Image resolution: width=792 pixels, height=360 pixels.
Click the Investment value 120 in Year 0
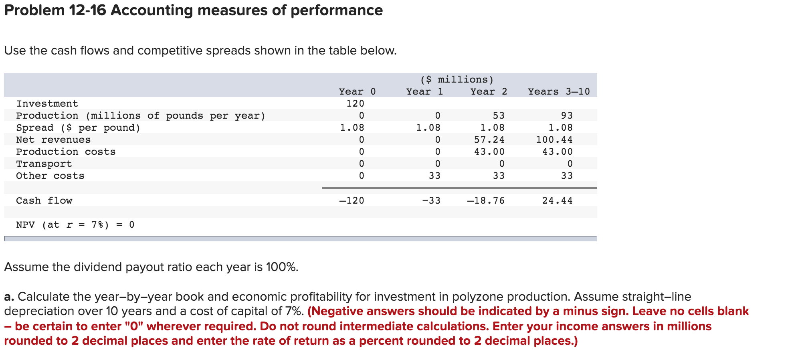point(355,103)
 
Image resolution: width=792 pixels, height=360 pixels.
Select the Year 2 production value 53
point(499,115)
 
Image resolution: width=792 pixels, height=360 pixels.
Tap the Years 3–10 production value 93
point(567,115)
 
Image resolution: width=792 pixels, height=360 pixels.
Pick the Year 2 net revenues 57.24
point(489,140)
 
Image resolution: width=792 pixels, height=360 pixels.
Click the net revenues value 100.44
point(554,140)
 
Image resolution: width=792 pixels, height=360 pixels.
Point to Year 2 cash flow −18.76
point(486,200)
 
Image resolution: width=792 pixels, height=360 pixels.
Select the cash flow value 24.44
point(557,200)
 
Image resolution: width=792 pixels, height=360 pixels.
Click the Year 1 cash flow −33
point(431,200)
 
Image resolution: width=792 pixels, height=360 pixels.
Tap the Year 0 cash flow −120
point(352,200)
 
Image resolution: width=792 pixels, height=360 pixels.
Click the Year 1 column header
point(424,91)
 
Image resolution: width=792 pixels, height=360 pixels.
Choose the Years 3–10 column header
point(559,91)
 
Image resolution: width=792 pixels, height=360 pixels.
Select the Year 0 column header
point(357,91)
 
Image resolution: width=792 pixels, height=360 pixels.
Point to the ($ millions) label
point(457,79)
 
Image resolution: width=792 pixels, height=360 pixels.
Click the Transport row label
point(44,164)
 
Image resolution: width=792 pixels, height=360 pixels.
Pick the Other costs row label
point(50,176)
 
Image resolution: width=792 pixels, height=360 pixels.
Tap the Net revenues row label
point(53,140)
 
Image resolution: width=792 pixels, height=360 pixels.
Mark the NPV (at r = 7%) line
point(75,224)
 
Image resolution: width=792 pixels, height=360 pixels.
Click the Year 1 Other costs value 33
point(434,176)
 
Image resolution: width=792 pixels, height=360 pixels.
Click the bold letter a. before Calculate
point(9,297)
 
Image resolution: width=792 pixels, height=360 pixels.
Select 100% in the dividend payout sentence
point(282,267)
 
